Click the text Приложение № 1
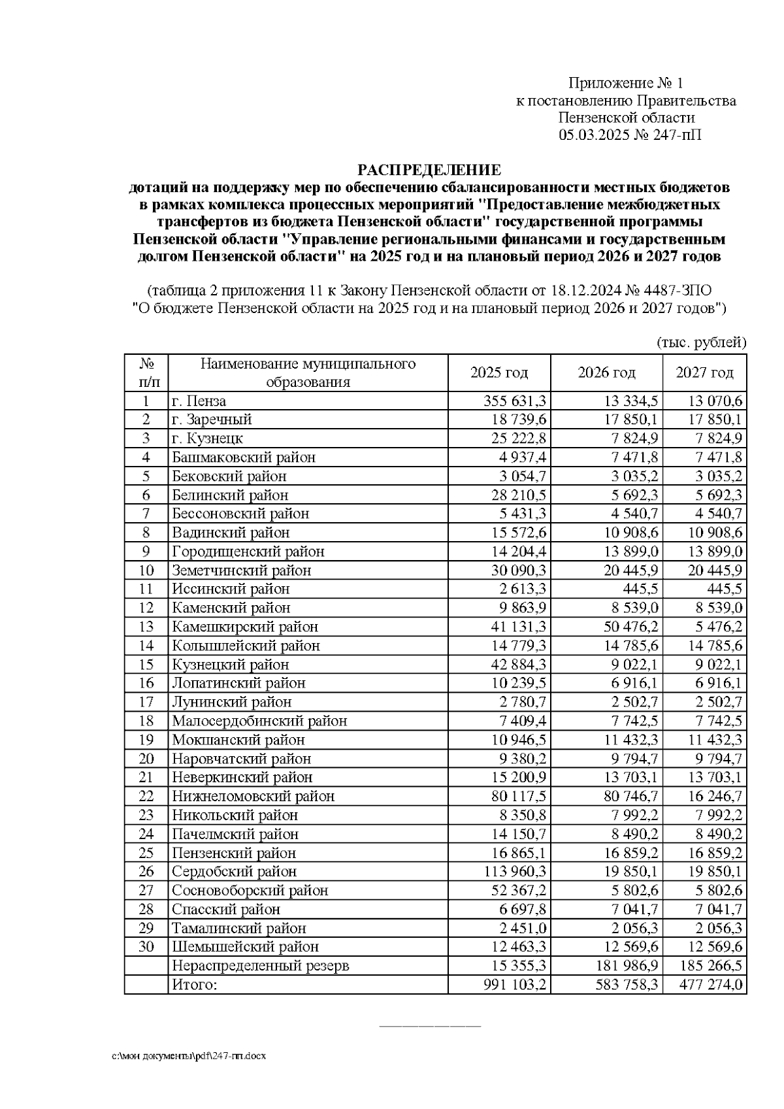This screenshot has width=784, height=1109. click(x=625, y=83)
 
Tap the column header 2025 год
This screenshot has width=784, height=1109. click(x=499, y=372)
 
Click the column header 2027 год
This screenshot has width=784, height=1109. click(x=704, y=372)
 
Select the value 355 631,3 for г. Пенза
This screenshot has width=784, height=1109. click(x=514, y=401)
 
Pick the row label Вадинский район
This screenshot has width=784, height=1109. click(x=231, y=533)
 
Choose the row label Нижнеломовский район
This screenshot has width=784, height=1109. click(x=253, y=796)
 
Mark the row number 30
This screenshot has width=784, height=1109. click(x=146, y=946)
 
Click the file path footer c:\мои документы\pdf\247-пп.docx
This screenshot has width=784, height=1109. click(x=188, y=1055)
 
